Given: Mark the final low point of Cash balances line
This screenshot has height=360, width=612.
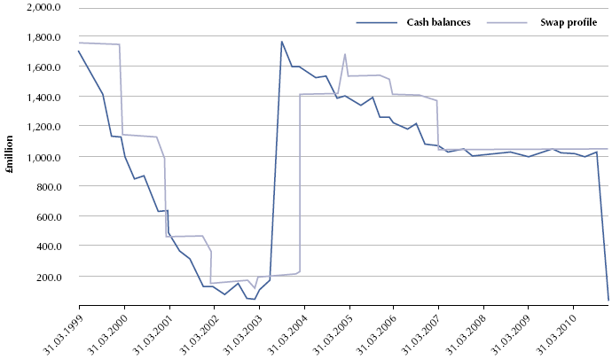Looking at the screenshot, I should tap(608, 300).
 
